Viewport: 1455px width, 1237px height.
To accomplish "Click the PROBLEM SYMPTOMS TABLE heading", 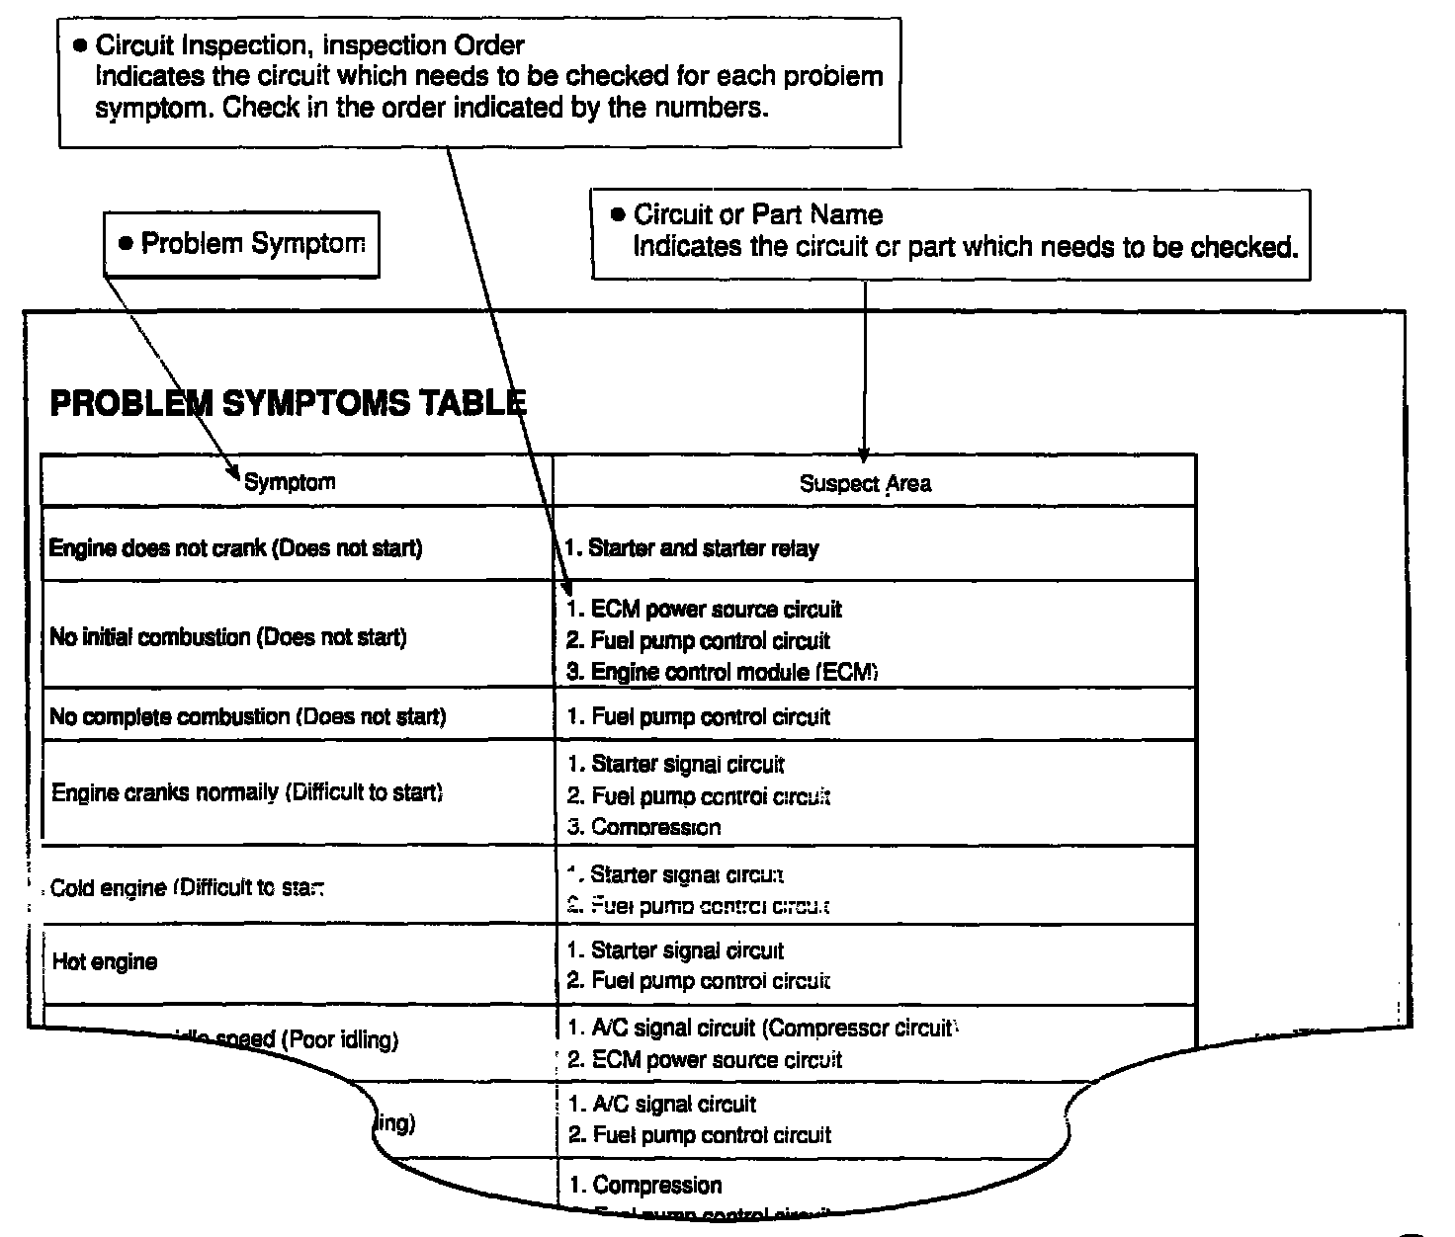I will (288, 403).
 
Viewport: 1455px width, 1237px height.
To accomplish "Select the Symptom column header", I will (290, 482).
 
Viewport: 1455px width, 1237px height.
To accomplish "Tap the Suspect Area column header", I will (865, 483).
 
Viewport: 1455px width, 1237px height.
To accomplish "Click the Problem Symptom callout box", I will (242, 244).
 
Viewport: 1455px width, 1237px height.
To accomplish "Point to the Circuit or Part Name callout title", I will (758, 214).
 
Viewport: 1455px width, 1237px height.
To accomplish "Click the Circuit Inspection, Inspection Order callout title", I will (309, 45).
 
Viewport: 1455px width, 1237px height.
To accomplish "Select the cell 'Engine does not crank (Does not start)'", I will (235, 548).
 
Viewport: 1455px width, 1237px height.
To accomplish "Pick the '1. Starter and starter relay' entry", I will (692, 548).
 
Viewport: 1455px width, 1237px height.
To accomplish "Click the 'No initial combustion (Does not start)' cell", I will (228, 637).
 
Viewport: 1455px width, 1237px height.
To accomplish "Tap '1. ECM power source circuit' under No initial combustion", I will (705, 610).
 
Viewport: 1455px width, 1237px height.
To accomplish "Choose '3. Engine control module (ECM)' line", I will (723, 672).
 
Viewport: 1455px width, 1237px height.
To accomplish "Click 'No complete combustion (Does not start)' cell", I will (248, 716).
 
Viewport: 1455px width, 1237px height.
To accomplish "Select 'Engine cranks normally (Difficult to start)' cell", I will (247, 792).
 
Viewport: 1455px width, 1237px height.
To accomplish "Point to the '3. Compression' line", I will (644, 827).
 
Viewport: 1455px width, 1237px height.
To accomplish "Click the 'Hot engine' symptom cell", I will (105, 962).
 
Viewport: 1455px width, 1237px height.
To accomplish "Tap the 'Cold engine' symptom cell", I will (188, 888).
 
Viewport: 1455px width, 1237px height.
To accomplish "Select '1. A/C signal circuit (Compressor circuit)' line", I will (761, 1028).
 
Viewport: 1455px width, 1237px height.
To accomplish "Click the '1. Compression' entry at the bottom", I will (645, 1185).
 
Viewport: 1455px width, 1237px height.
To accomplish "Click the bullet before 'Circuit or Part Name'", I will (619, 214).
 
